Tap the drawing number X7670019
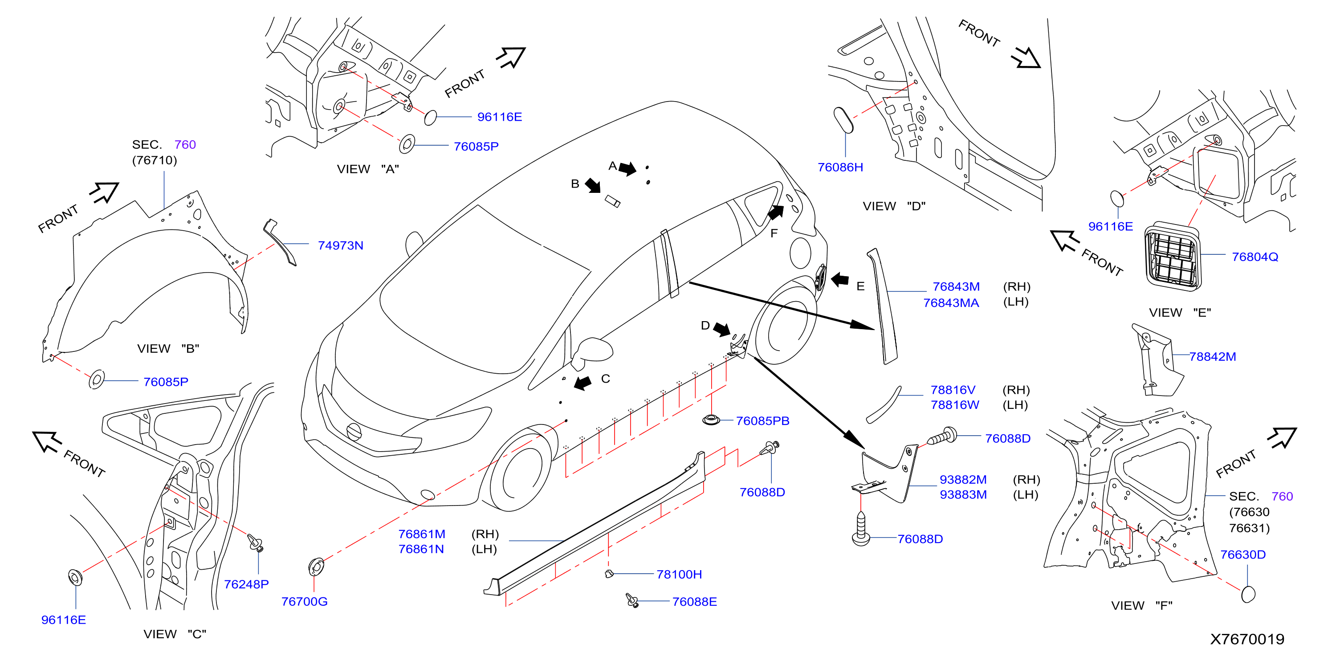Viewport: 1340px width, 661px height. pyautogui.click(x=1247, y=639)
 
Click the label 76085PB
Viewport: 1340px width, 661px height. pyautogui.click(x=762, y=420)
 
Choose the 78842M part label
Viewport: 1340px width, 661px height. pyautogui.click(x=1213, y=356)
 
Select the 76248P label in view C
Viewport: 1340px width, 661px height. pyautogui.click(x=246, y=584)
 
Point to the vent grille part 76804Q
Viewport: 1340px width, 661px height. pyautogui.click(x=1173, y=256)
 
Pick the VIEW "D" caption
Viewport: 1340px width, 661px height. pyautogui.click(x=894, y=206)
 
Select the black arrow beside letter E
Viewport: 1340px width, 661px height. pyautogui.click(x=839, y=279)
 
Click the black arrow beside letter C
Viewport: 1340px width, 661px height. pyautogui.click(x=583, y=383)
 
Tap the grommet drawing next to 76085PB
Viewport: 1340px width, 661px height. pyautogui.click(x=711, y=419)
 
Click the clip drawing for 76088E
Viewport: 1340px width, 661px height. pyautogui.click(x=632, y=600)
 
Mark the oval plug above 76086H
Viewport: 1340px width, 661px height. pyautogui.click(x=843, y=120)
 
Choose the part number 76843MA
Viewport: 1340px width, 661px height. pyautogui.click(x=951, y=302)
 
